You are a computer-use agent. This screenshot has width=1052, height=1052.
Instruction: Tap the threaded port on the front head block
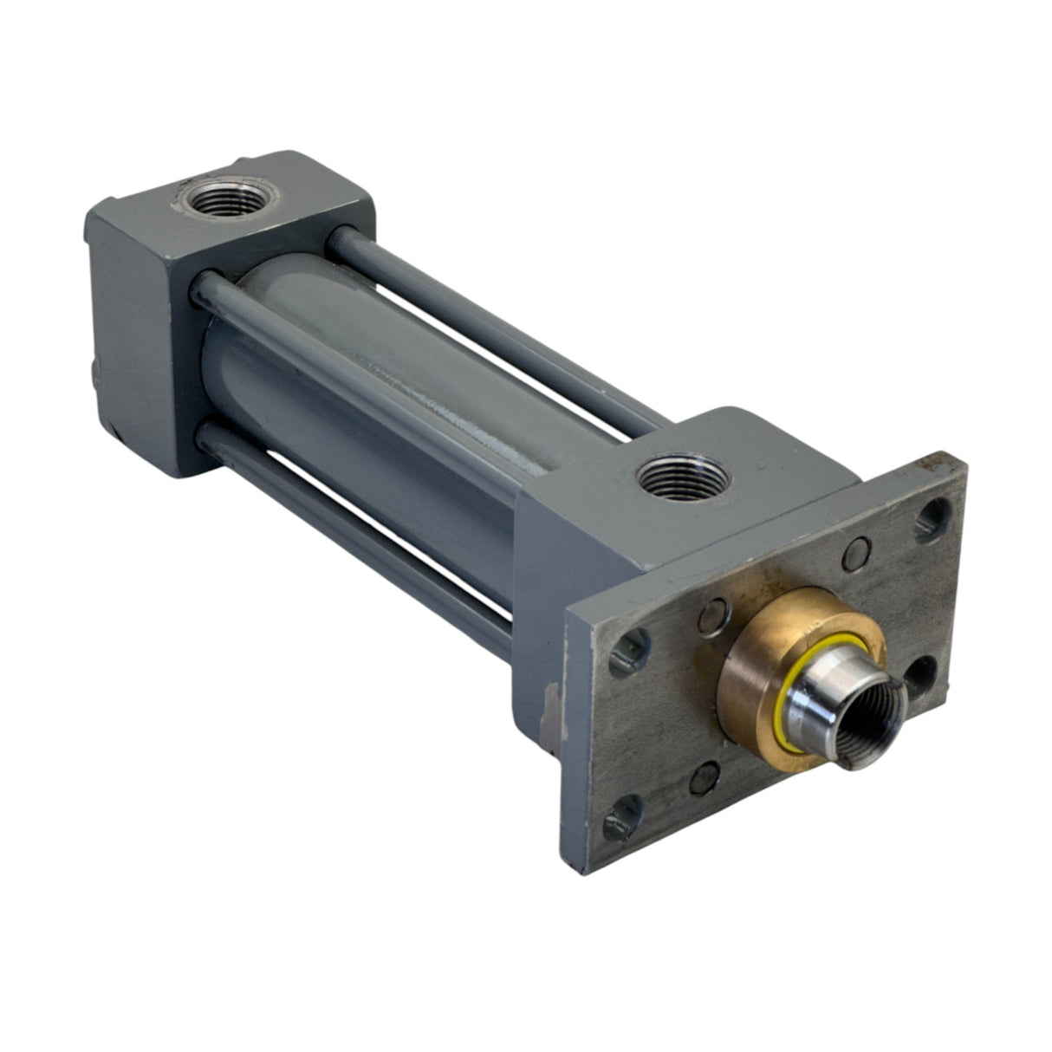669,479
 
